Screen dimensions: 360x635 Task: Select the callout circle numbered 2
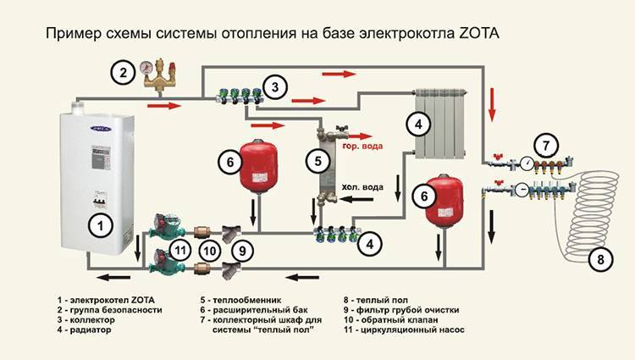[124, 73]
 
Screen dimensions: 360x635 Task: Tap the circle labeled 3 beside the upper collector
[273, 85]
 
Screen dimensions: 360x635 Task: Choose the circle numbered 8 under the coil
[599, 259]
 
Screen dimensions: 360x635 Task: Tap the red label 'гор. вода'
[366, 146]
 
